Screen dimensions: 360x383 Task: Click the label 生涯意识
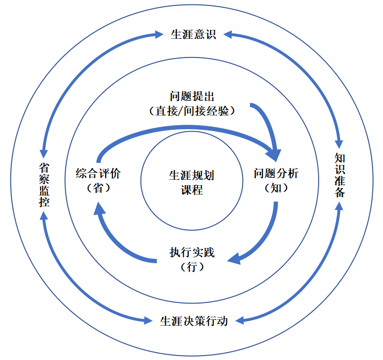coord(193,35)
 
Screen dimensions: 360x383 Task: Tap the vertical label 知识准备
coord(339,175)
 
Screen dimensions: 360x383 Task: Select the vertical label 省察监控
coord(44,184)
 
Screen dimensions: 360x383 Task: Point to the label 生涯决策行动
coord(194,321)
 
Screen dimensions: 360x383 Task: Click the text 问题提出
coord(192,96)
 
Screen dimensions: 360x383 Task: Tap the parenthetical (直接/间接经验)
coord(192,111)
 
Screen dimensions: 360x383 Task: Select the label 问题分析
coord(275,173)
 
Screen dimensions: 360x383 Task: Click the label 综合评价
coord(98,173)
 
